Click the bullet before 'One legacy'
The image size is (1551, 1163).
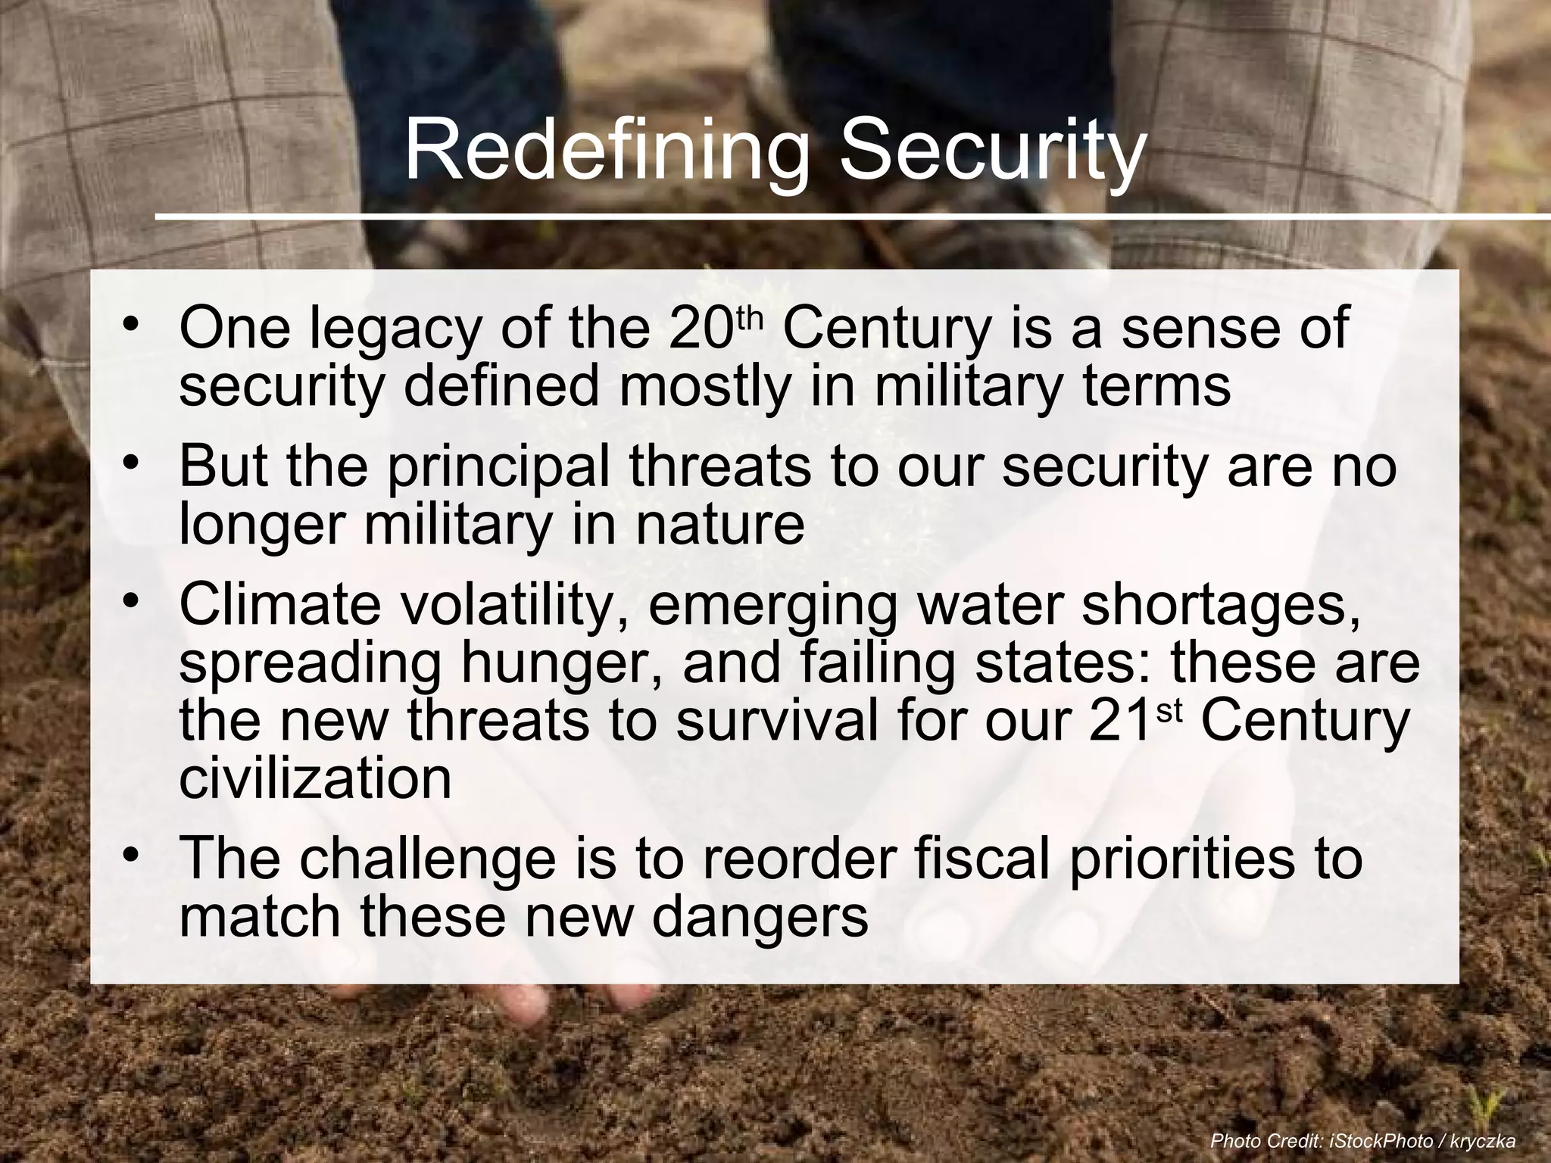(132, 325)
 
